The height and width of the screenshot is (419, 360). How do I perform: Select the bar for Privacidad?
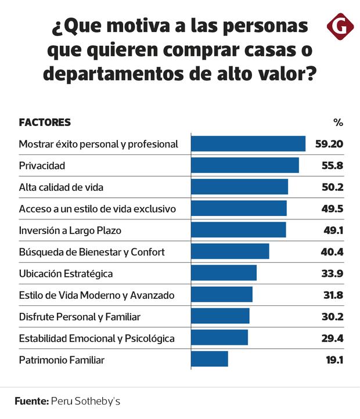pos(245,165)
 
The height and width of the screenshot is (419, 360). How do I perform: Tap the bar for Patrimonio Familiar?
pos(210,359)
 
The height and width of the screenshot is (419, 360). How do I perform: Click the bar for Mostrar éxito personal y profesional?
pos(248,144)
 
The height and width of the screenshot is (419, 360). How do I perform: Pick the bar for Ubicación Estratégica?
pos(224,273)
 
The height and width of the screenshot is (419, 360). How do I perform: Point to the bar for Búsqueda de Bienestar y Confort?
pos(230,251)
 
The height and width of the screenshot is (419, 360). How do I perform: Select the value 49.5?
pos(333,208)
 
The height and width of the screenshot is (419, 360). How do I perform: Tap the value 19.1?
pos(334,360)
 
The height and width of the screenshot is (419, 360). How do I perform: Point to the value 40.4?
pos(333,252)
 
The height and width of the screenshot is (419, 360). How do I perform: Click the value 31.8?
pos(333,295)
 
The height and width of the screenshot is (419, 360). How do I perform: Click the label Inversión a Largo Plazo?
pos(70,230)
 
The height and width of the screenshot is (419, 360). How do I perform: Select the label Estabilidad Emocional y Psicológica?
pos(96,338)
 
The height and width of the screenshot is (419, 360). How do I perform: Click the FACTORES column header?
pos(45,122)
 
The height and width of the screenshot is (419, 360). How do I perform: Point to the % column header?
pos(338,122)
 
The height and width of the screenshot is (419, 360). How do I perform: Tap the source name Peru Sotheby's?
pos(86,401)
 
